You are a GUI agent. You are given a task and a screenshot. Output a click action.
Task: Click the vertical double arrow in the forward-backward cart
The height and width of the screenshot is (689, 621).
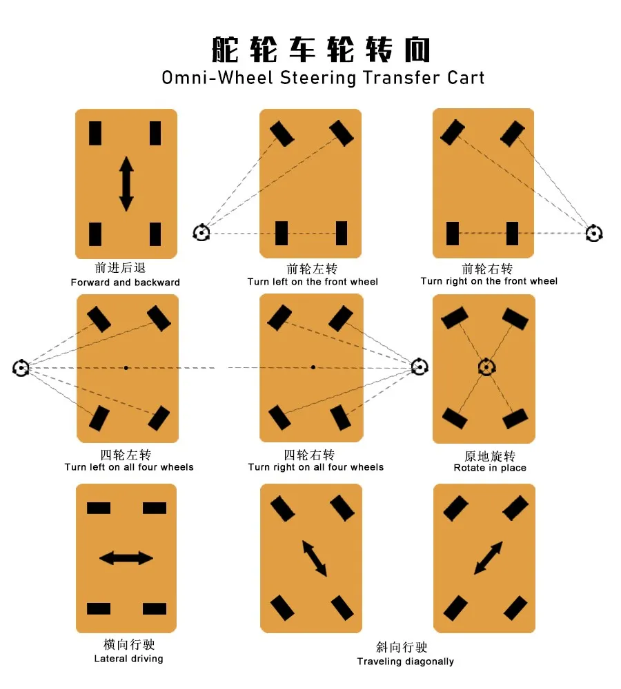(126, 184)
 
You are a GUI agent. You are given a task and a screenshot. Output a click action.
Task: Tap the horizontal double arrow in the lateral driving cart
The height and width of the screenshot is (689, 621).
(126, 558)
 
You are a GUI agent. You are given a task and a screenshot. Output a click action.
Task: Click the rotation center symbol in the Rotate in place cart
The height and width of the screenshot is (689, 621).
(486, 367)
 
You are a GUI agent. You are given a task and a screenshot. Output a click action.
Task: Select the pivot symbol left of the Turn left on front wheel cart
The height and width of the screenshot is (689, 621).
(201, 232)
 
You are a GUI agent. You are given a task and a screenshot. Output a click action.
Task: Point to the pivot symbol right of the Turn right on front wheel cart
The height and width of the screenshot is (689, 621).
(593, 233)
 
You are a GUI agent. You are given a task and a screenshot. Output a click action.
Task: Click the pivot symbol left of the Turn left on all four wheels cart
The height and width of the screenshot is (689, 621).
(21, 368)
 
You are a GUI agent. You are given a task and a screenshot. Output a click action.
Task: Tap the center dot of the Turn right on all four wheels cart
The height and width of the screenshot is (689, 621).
(313, 367)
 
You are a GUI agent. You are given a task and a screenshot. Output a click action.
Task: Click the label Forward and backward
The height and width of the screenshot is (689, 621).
(125, 282)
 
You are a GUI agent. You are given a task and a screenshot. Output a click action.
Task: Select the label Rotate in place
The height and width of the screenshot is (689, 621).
(490, 468)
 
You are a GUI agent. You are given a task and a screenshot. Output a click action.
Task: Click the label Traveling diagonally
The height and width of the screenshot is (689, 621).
(405, 661)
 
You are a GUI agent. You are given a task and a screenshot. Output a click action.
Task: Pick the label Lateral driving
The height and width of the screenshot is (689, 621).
(128, 659)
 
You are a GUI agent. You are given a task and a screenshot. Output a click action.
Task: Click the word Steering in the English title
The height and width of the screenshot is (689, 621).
(318, 77)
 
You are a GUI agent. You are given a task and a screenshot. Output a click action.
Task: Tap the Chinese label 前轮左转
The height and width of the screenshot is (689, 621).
(313, 269)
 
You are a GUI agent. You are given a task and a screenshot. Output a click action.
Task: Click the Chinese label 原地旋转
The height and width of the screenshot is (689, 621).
(490, 456)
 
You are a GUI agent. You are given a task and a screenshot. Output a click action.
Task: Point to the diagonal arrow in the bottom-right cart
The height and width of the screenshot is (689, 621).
(488, 558)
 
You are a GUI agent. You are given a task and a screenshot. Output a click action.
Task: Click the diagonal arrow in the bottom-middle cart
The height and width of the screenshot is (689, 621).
(314, 558)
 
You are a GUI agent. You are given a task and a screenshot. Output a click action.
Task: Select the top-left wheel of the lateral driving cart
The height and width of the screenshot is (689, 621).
(99, 508)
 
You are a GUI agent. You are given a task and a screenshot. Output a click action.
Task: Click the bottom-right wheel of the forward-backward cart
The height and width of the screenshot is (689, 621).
(155, 234)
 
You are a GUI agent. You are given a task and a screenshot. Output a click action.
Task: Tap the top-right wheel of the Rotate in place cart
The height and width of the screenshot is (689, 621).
(515, 318)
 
